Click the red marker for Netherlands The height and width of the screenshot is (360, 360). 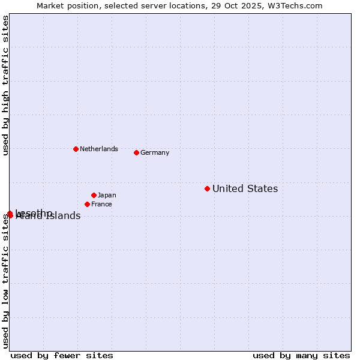point(76,149)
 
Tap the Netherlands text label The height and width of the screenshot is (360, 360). point(99,149)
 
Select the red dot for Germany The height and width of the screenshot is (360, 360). point(136,152)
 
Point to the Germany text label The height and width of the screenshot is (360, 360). point(155,152)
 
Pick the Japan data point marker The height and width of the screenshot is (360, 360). point(94,195)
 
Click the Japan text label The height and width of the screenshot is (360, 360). point(107,195)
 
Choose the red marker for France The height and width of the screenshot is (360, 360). point(87,204)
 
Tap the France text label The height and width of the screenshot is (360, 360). point(101,204)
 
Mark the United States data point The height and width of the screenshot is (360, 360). point(207,188)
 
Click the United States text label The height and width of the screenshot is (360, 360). point(245,189)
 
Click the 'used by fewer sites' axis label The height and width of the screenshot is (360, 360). point(62,355)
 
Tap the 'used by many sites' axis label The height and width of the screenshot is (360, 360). point(301,355)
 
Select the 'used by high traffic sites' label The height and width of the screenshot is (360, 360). point(6,85)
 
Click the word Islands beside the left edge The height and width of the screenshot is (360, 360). point(62,217)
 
